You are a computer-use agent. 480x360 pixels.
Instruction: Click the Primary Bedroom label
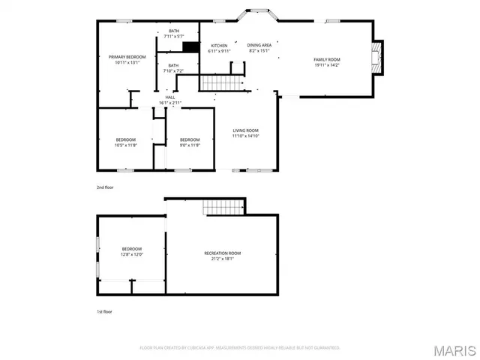pos(126,60)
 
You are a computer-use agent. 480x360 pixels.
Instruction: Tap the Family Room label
pos(326,62)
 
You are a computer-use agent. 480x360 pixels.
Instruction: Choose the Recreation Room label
pos(222,256)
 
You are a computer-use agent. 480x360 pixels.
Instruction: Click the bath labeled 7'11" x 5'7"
pos(173,33)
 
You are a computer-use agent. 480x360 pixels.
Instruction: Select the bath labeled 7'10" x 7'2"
pos(173,68)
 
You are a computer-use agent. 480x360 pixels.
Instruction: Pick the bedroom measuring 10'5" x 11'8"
pos(126,142)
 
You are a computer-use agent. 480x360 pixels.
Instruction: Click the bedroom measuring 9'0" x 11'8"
pos(190,142)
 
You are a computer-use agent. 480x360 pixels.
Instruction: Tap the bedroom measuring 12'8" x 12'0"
pos(132,252)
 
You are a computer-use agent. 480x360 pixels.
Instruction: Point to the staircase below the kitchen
pos(222,82)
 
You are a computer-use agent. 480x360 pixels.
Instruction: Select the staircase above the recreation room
pos(225,206)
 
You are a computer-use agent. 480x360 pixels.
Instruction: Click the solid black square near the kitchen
pos(190,47)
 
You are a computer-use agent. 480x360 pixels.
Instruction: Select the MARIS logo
pos(454,349)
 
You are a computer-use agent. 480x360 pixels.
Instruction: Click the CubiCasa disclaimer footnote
pos(240,348)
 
